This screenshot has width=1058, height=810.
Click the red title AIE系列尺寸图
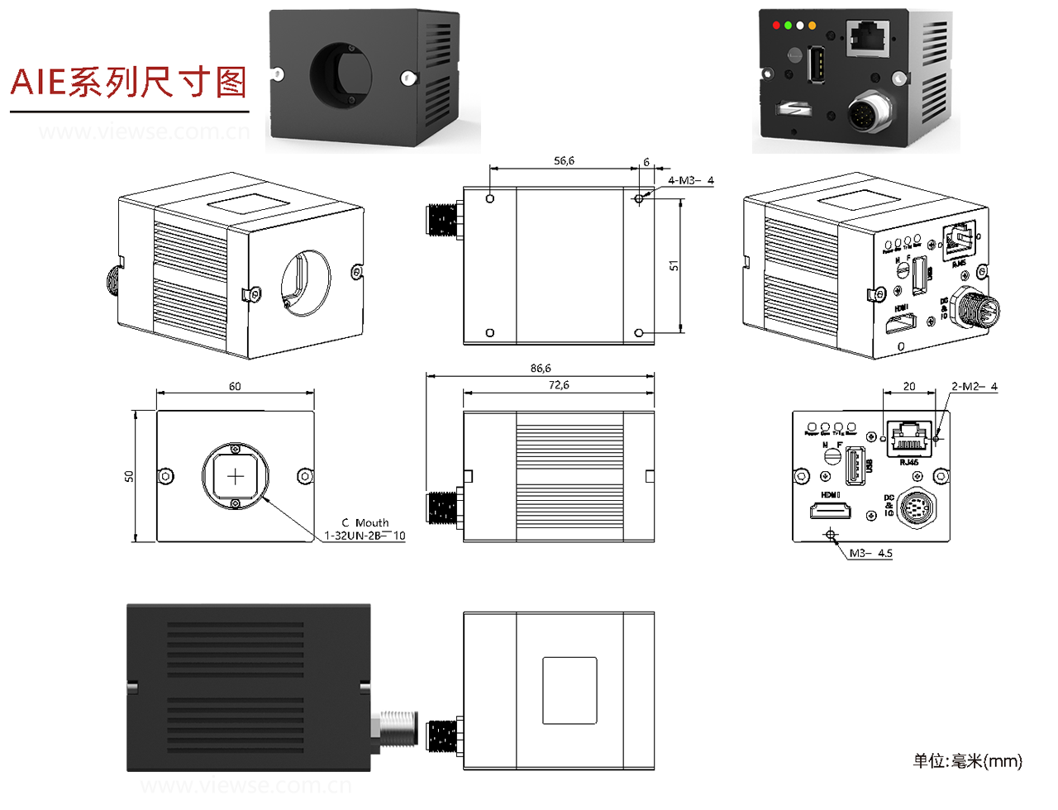[129, 83]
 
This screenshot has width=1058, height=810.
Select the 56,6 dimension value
[564, 161]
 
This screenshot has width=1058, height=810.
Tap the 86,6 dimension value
[541, 369]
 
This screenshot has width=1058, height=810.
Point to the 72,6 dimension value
[559, 385]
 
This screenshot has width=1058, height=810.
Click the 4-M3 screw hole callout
[690, 180]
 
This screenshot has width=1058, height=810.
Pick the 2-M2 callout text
[974, 386]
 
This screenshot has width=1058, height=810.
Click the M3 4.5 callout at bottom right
[871, 553]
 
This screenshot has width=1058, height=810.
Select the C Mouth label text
[365, 522]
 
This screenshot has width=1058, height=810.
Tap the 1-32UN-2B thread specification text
[365, 536]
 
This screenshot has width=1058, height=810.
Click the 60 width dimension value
[235, 386]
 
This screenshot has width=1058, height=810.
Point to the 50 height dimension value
[129, 477]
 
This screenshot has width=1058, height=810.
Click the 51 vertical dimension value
[674, 265]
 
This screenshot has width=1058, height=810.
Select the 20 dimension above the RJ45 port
[909, 386]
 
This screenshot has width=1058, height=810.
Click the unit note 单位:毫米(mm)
[967, 760]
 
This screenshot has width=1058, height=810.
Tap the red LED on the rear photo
[776, 26]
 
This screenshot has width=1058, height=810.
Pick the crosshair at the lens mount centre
[236, 476]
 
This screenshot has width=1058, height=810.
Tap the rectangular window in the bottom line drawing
[570, 690]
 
